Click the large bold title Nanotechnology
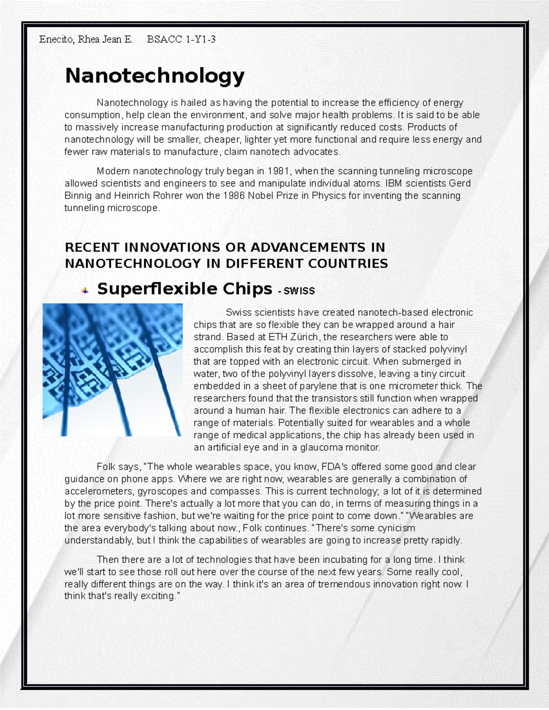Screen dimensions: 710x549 pos(155,76)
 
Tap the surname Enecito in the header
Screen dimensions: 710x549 pos(56,39)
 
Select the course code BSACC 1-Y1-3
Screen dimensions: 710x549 pos(181,39)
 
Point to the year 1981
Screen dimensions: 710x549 pos(279,171)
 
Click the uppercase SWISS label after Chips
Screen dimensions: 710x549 pos(299,291)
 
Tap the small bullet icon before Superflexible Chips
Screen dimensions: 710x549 pos(85,290)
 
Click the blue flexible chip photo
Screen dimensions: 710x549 pos(113,369)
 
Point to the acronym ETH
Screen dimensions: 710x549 pos(278,337)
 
